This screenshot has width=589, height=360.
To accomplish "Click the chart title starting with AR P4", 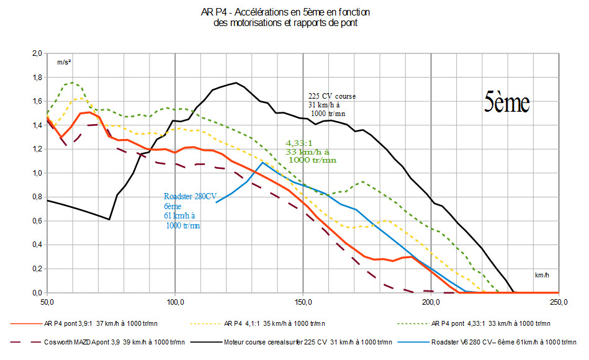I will point(286,17).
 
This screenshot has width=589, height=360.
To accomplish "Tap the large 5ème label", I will point(506,102).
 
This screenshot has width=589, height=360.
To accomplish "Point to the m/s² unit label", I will point(65,62).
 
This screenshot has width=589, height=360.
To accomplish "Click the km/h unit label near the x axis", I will point(542,274).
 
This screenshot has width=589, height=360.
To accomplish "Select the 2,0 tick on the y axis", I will point(37,54).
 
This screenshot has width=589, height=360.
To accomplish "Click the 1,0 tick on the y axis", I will point(37,173).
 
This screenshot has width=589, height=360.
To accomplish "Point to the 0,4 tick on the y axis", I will point(37,245).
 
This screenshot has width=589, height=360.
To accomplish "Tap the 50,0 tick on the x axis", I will point(47,302).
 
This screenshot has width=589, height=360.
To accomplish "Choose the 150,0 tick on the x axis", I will point(303,302).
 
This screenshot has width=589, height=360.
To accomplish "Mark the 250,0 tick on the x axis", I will point(558,302).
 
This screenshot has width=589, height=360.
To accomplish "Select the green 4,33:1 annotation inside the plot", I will point(310,151).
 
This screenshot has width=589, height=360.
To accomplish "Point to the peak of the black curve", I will point(236,83).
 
